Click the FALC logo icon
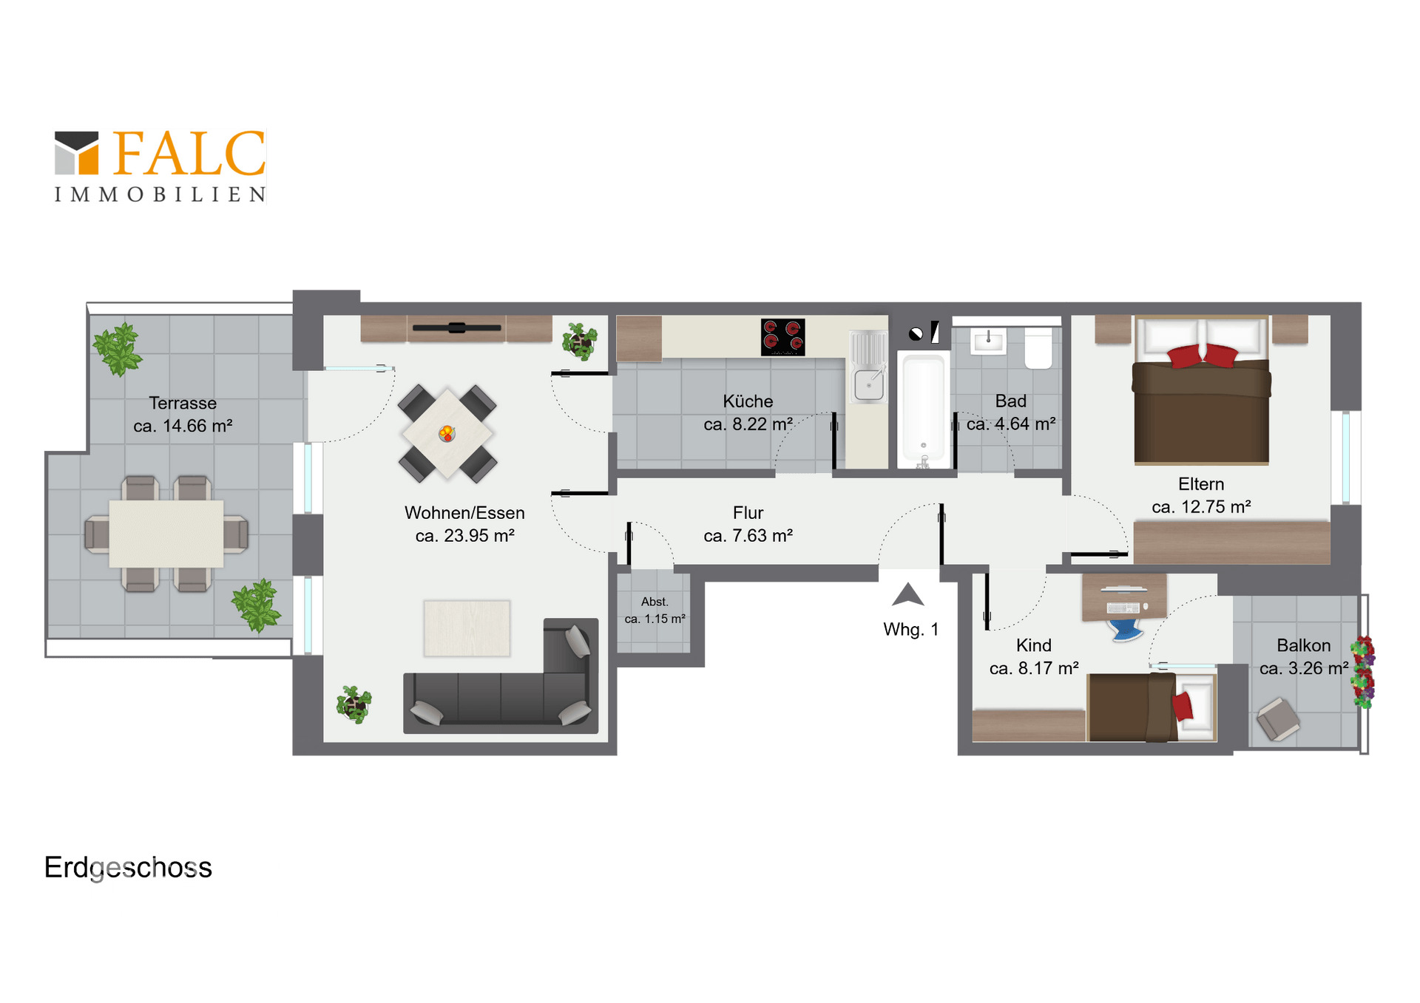pos(76,153)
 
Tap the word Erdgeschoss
pos(128,867)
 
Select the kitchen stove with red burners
pos(782,337)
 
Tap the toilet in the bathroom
pos(1038,349)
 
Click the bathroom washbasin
pos(987,341)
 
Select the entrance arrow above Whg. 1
pos(908,594)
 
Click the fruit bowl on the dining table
pos(447,433)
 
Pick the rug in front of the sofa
pos(467,628)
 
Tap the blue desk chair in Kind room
pos(1125,629)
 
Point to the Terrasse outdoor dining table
pos(166,534)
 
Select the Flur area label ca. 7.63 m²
pos(748,535)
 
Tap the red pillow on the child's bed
pos(1183,706)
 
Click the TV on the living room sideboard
pos(457,327)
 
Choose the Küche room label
pos(748,401)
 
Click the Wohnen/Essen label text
pos(464,513)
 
